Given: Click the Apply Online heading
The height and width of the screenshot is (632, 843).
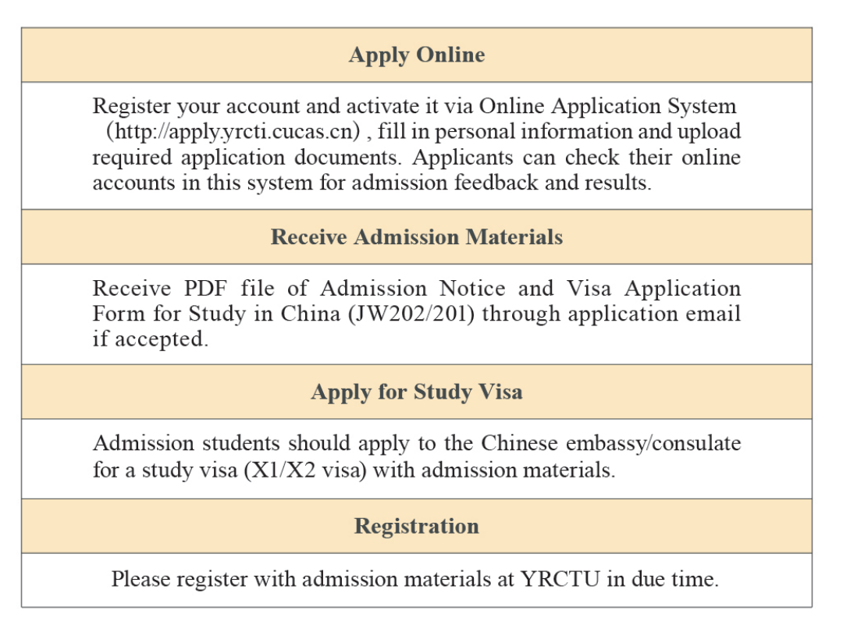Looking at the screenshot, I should (416, 55).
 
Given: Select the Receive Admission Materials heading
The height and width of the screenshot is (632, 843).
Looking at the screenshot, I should (416, 237).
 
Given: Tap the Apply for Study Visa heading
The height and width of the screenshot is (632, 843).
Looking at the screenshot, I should (416, 392).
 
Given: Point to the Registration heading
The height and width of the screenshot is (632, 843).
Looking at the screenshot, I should (416, 526).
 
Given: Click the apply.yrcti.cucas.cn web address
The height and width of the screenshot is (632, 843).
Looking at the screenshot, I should (233, 131).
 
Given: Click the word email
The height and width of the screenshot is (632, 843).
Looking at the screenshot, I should (717, 314).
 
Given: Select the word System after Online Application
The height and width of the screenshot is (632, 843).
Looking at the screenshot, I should (706, 105).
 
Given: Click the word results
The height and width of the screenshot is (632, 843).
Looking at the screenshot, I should (618, 183).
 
